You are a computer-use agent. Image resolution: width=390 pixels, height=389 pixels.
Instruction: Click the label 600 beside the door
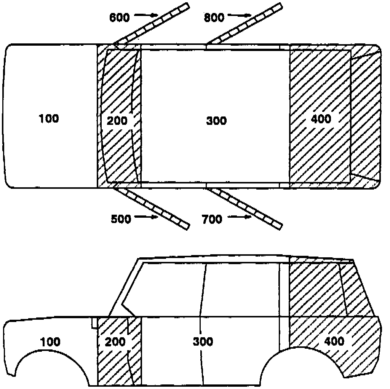pos(119,17)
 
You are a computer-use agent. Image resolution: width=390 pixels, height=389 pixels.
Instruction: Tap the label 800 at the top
pos(214,17)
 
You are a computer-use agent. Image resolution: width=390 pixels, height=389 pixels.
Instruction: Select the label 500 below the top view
pos(121,219)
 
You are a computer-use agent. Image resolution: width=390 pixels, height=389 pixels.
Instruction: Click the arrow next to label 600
pos(147,15)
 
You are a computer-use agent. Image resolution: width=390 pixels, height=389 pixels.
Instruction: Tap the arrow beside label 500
pos(147,217)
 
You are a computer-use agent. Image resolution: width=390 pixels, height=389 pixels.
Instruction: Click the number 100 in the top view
pos(49,119)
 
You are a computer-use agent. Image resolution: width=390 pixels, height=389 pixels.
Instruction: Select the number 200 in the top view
pos(117,121)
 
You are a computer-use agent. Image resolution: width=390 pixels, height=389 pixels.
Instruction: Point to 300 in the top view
pos(216,121)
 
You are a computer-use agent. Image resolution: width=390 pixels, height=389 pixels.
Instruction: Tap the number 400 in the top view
pos(321,119)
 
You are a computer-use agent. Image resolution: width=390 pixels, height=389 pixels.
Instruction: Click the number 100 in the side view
pos(50,342)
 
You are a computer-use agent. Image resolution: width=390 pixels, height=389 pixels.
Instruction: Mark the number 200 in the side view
pos(115,342)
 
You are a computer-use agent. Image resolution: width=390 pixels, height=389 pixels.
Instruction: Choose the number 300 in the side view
pos(203,342)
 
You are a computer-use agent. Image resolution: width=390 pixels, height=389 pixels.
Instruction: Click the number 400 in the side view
pos(334,341)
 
